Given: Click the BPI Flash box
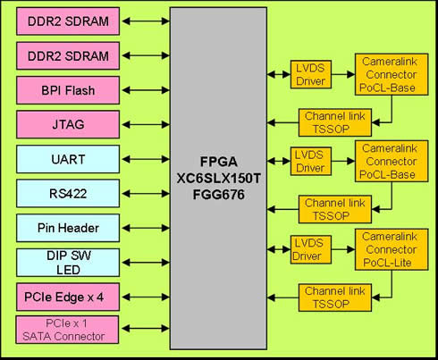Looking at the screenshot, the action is tap(68, 90).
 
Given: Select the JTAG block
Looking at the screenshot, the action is tap(68, 124).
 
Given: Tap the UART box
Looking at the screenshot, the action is tap(68, 159).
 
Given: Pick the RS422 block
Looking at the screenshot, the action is tap(68, 194).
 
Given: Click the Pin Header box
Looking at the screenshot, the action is tap(68, 228).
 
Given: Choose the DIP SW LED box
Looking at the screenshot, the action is tap(68, 263).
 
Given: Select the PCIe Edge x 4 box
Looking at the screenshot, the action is tap(68, 297).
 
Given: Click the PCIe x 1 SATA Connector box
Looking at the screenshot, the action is tap(67, 330).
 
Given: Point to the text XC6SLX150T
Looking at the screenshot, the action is tap(219, 179).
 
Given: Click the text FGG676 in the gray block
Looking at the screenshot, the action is tap(219, 195).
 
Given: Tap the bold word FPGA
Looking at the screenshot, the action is tap(219, 162).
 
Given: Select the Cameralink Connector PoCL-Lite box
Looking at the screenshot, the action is tap(392, 249).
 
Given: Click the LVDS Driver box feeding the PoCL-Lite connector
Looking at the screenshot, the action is tap(311, 249).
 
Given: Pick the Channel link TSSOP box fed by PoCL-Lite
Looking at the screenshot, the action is tap(335, 297).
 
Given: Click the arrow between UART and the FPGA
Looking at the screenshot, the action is tap(146, 159).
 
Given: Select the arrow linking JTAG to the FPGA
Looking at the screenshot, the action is tap(146, 124).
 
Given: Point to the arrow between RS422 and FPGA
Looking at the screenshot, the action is tap(146, 194).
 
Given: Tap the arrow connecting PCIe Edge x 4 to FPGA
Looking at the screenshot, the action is tap(146, 297).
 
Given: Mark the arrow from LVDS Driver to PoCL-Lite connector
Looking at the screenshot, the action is tap(343, 249).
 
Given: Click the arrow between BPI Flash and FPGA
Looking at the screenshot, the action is tap(146, 90).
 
